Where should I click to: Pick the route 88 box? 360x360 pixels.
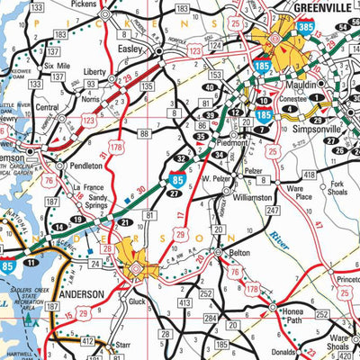coord(144,134)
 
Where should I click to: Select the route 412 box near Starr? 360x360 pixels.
coord(86,341)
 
